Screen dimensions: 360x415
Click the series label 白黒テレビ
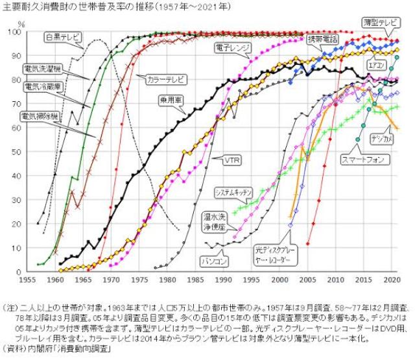pyautogui.click(x=64, y=38)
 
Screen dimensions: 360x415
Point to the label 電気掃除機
pyautogui.click(x=40, y=117)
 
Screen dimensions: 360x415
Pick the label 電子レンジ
pyautogui.click(x=232, y=47)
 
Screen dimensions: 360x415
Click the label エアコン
pyautogui.click(x=377, y=66)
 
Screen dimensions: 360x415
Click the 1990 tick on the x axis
pyautogui.click(x=222, y=280)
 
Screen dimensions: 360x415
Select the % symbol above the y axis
pyautogui.click(x=21, y=24)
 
